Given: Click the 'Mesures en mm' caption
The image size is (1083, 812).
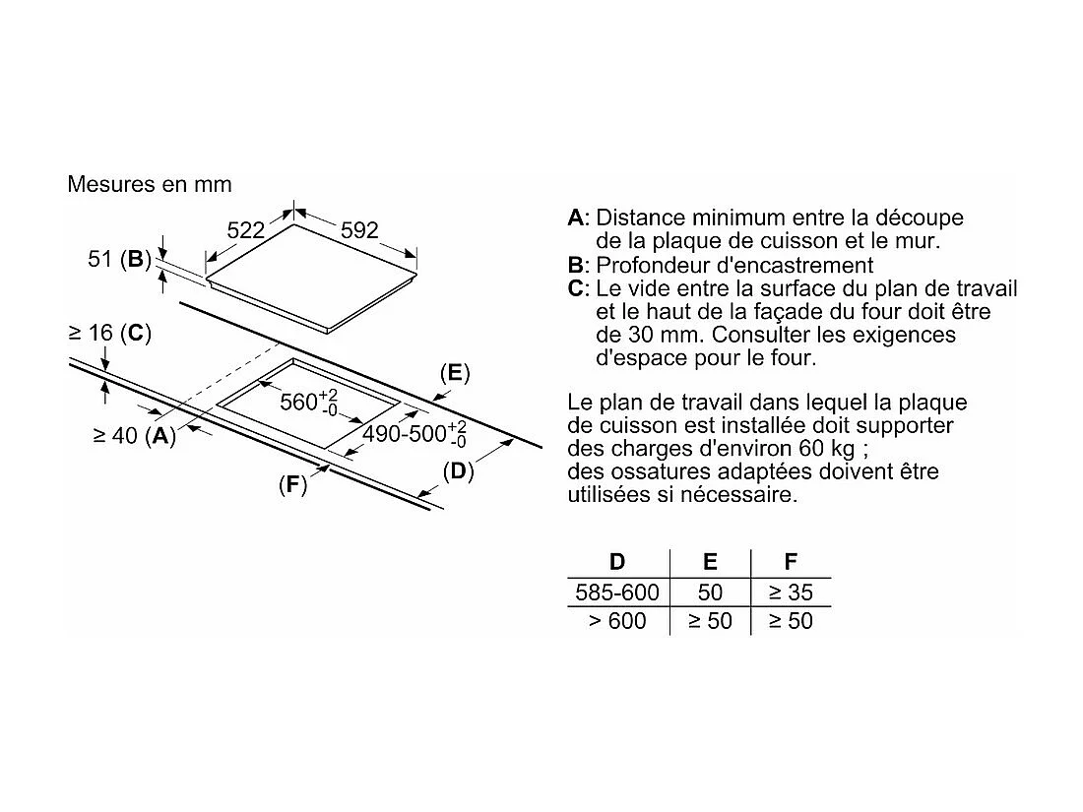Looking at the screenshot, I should pos(150,184).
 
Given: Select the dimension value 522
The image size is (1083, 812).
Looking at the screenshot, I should pos(246,230).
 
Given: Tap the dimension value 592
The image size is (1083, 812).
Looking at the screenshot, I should pos(359,230).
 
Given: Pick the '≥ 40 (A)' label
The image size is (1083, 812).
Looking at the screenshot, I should pos(134,436).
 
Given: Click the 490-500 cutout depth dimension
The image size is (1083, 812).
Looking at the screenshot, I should pos(414,434).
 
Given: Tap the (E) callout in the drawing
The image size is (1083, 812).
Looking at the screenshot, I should pos(454,372).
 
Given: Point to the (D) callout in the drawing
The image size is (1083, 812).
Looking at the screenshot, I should pos(458,470).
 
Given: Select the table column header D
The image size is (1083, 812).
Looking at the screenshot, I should pos(617,562).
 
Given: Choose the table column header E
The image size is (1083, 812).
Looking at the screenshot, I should pos(710,562).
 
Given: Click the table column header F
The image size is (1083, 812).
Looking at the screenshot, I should pos(791,562).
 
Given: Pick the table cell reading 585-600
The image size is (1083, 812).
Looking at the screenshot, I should pos(617,593).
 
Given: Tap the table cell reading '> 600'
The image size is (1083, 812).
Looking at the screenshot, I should pos(617,621).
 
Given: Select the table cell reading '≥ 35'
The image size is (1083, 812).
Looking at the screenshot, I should pos(791,593).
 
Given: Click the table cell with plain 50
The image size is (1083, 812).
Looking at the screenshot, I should pos(710,593).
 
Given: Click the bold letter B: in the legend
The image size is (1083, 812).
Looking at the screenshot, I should pos(577,265).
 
